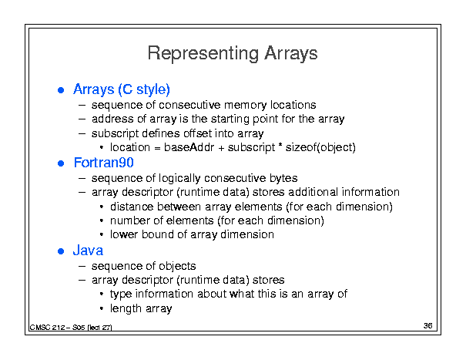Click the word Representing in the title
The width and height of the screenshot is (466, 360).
[203, 54]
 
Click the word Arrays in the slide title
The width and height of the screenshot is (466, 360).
[291, 54]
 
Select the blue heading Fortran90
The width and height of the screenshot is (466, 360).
[104, 163]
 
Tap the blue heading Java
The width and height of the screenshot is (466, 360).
[88, 251]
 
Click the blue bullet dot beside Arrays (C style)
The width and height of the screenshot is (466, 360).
[61, 90]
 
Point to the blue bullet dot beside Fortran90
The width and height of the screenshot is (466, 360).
[61, 163]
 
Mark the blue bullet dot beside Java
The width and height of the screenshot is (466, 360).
[61, 251]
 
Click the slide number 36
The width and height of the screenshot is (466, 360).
[428, 326]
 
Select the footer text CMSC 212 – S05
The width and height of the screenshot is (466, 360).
[58, 328]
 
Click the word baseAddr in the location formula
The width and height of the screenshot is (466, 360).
[189, 147]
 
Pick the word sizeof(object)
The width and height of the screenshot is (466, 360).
[320, 147]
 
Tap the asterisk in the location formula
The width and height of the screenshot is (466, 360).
[280, 145]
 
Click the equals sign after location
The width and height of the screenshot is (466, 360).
[157, 148]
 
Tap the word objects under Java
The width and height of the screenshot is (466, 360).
[177, 266]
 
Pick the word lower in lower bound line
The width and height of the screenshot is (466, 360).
[124, 235]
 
